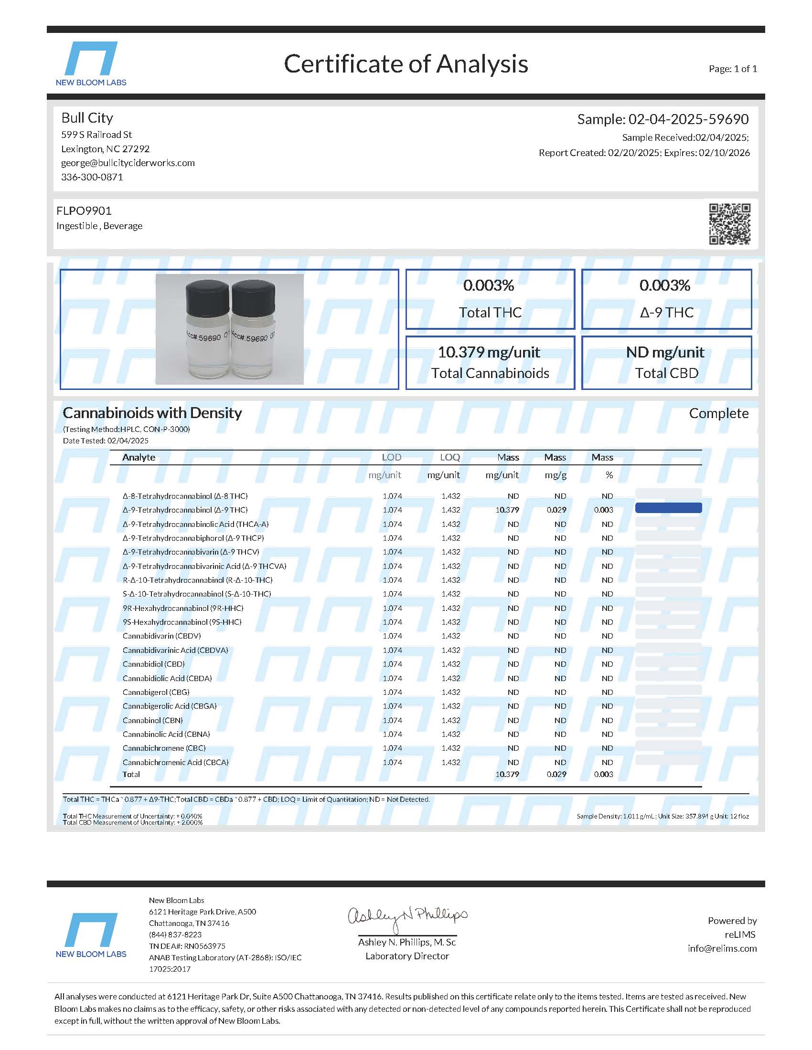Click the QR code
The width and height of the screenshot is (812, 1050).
click(729, 224)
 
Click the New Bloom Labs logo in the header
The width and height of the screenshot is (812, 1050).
click(91, 63)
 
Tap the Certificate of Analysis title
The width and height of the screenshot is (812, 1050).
click(406, 64)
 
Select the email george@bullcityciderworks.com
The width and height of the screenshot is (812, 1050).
click(128, 163)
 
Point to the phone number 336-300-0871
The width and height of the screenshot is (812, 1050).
click(92, 177)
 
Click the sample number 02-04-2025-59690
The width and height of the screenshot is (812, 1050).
click(663, 119)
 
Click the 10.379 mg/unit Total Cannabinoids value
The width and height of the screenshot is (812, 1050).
click(489, 352)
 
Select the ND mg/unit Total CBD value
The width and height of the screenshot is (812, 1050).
click(665, 352)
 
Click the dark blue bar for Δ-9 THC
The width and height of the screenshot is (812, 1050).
click(668, 508)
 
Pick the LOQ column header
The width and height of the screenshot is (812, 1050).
click(450, 457)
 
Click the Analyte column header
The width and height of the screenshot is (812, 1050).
click(139, 457)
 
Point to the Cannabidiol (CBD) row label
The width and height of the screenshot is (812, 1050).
click(153, 664)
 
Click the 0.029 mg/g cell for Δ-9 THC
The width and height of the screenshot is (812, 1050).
click(556, 510)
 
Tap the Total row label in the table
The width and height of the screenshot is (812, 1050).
click(131, 775)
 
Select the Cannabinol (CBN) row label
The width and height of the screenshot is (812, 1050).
click(152, 720)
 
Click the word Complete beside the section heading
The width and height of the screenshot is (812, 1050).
click(718, 413)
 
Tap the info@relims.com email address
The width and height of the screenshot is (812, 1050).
click(722, 948)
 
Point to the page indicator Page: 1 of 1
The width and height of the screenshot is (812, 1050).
click(733, 69)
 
